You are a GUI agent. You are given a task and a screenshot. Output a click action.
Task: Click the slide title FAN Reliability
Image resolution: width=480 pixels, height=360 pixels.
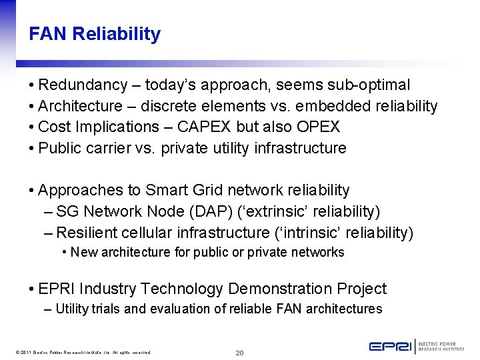coord(95,34)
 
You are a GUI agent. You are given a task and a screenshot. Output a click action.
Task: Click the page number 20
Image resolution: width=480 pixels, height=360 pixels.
coord(240,353)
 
